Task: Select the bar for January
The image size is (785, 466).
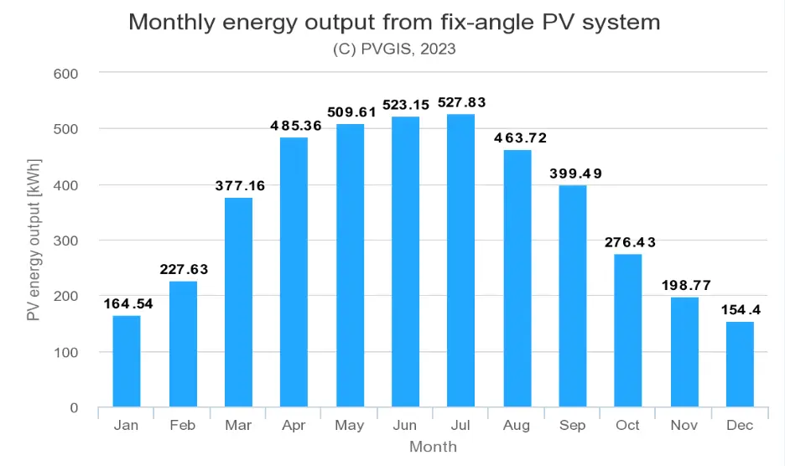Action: tap(127, 361)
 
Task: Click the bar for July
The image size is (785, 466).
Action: tap(460, 261)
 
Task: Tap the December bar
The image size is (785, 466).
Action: tap(740, 365)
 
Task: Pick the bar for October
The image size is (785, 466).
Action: tap(628, 330)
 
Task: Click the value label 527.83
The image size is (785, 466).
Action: tap(460, 103)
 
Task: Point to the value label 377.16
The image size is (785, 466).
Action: tap(238, 186)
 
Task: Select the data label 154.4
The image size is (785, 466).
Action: tap(740, 310)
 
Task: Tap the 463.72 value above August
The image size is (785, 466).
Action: tap(517, 137)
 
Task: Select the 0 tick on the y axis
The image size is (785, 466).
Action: tap(73, 408)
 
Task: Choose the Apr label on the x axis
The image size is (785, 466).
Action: tap(294, 426)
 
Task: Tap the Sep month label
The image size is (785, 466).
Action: tap(572, 426)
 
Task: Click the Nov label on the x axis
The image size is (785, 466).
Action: tap(684, 426)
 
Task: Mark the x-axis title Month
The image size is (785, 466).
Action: tap(433, 447)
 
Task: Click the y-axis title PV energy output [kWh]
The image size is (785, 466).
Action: tap(34, 241)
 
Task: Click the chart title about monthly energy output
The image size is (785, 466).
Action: tap(394, 23)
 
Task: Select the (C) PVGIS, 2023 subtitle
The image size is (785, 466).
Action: tap(394, 49)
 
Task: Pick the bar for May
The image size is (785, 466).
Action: tap(350, 266)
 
